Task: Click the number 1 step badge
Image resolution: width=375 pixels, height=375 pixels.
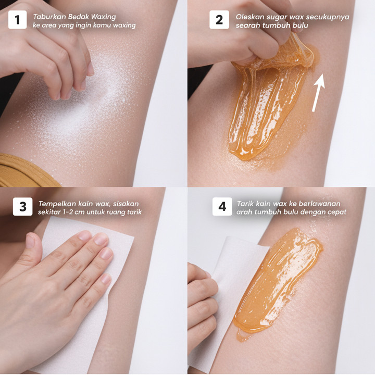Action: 18,20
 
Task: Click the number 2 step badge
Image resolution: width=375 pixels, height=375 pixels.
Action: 219,20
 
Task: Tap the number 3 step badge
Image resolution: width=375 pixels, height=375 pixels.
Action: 23,207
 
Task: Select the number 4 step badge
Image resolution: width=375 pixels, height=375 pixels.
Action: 222,207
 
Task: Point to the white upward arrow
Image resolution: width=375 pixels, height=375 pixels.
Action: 319,93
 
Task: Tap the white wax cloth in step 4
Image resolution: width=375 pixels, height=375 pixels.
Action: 230,275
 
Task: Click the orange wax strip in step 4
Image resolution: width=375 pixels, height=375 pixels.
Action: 278,282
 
